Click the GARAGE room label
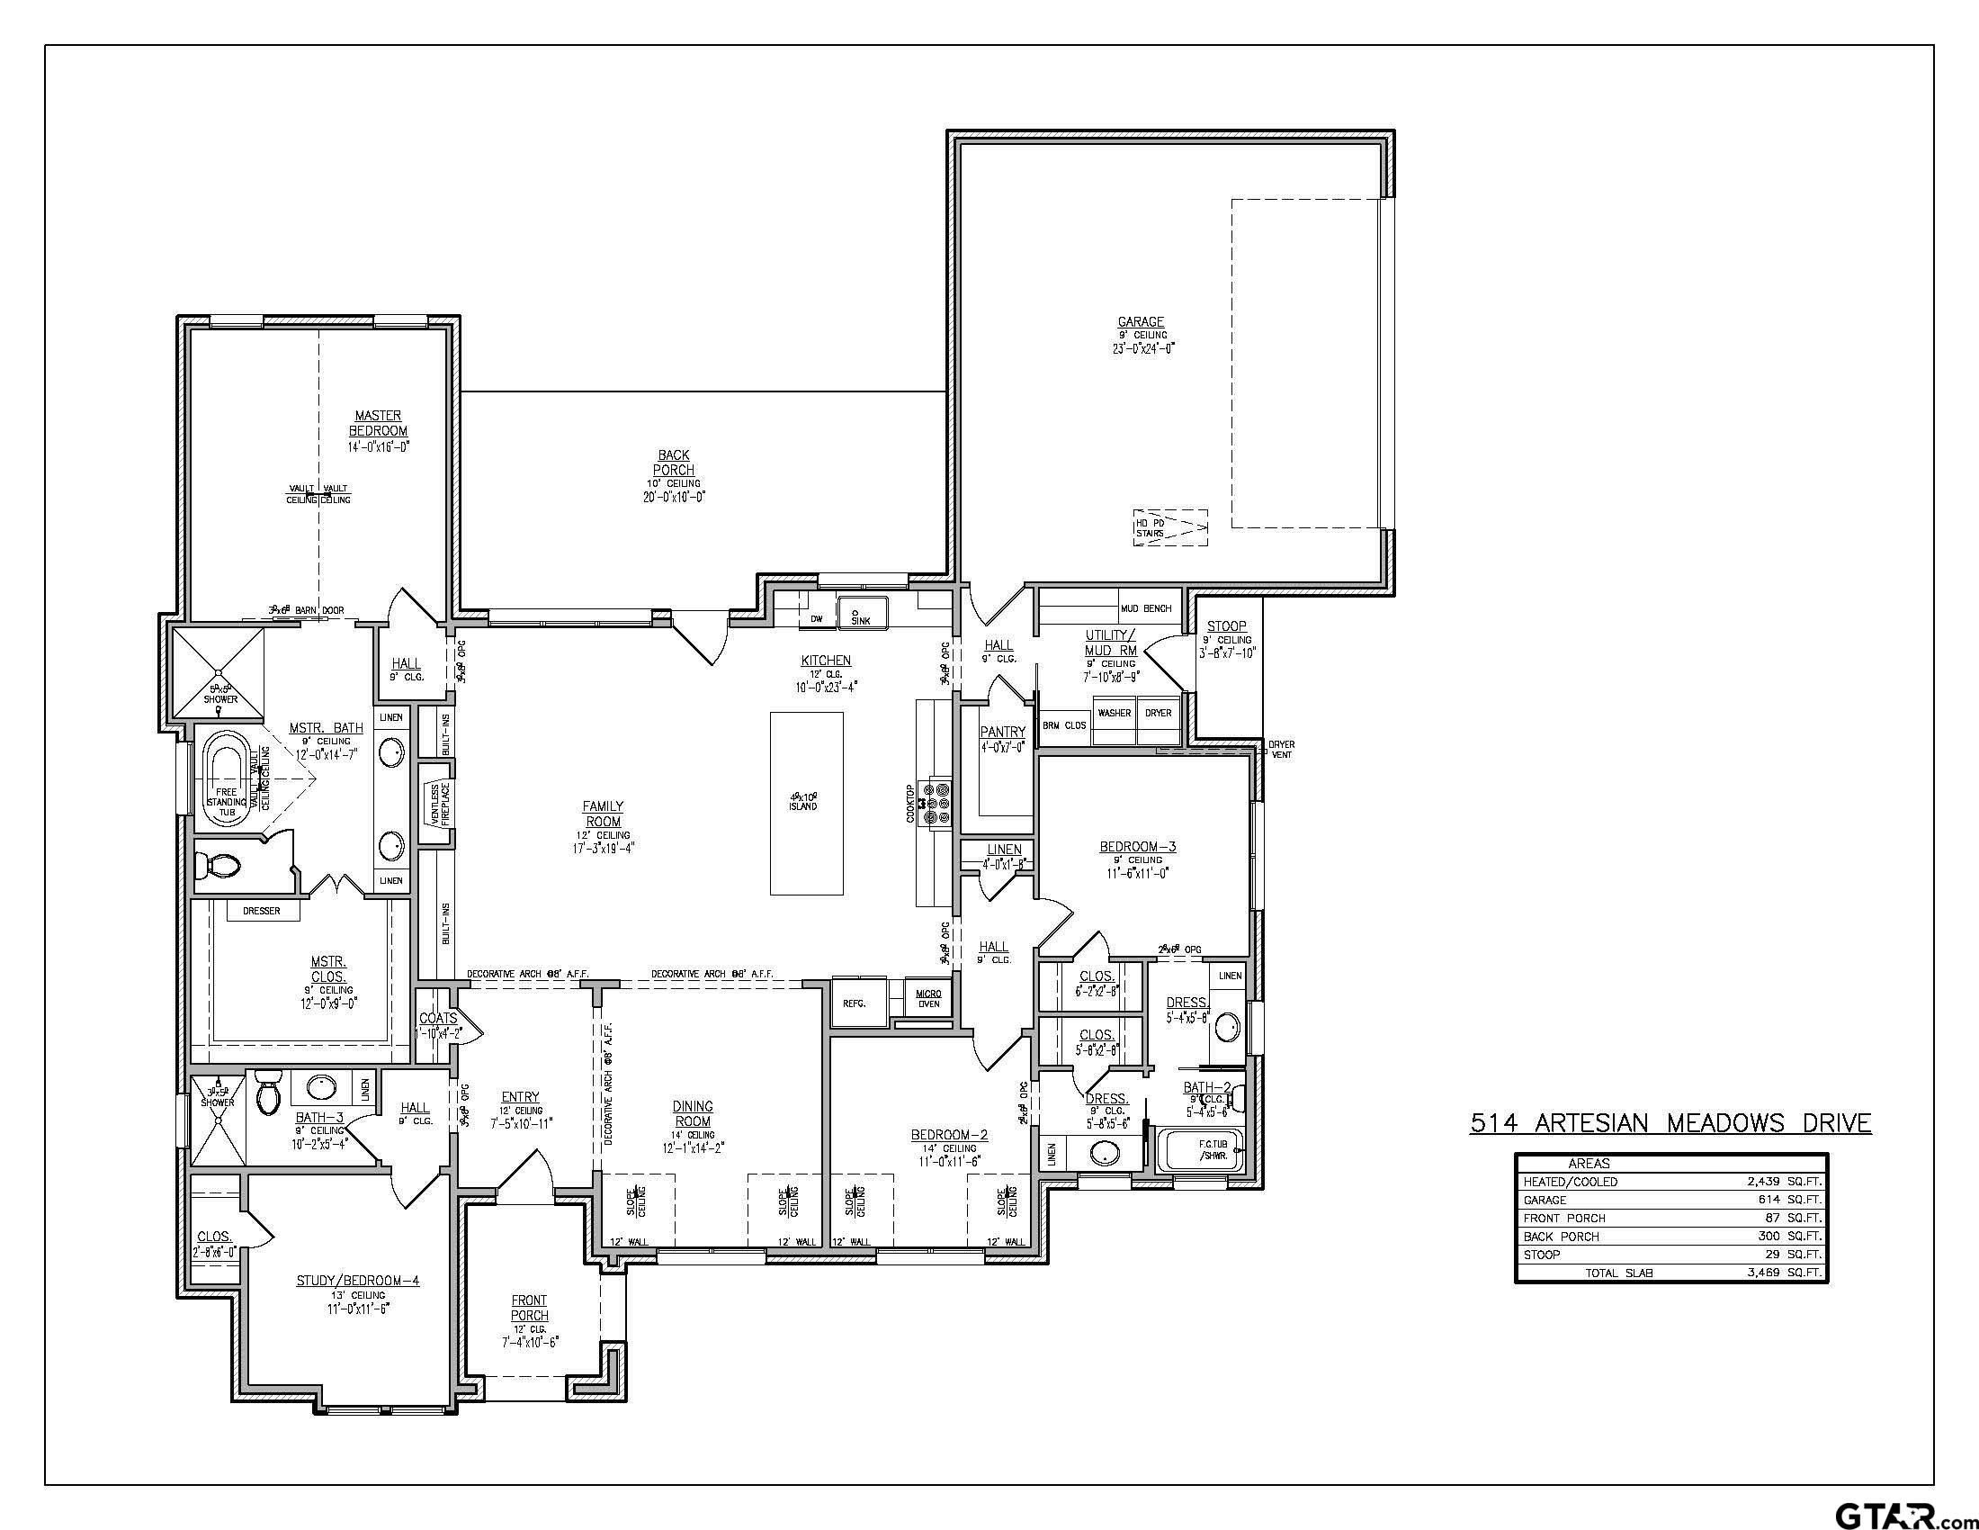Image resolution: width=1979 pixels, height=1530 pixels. click(x=1140, y=322)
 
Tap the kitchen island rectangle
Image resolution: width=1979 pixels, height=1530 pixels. click(x=806, y=803)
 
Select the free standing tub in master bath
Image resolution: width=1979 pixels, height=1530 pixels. click(x=226, y=779)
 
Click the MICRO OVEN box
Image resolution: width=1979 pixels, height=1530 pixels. click(x=928, y=999)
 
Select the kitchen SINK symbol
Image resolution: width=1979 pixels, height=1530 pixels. click(x=861, y=614)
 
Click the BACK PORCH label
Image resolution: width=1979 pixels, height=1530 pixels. click(x=673, y=463)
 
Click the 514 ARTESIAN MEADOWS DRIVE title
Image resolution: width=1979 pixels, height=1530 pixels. click(x=1669, y=1123)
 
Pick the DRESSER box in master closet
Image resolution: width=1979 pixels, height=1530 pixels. click(x=261, y=910)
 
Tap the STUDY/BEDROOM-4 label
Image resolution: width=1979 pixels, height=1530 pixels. click(x=358, y=1281)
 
